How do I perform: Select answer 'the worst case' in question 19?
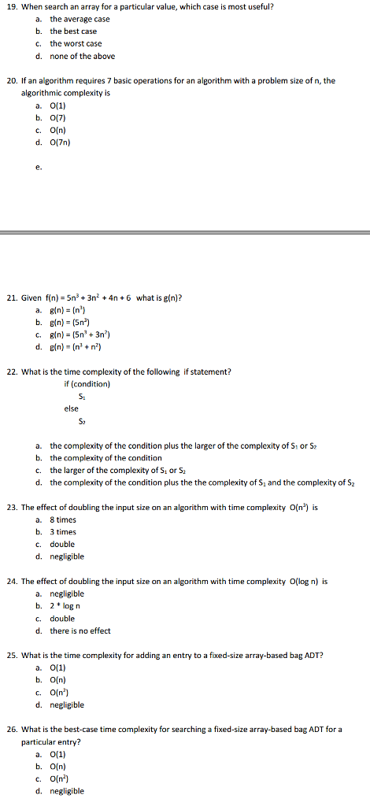pyautogui.click(x=76, y=43)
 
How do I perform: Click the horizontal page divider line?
pyautogui.click(x=185, y=232)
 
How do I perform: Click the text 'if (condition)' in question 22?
pyautogui.click(x=87, y=384)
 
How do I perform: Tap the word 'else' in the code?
pyautogui.click(x=72, y=409)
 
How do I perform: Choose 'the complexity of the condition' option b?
pyautogui.click(x=105, y=457)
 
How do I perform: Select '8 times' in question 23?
pyautogui.click(x=63, y=519)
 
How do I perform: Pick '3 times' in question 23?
pyautogui.click(x=63, y=532)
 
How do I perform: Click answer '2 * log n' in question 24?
pyautogui.click(x=68, y=605)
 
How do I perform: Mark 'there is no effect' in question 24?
pyautogui.click(x=80, y=630)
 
